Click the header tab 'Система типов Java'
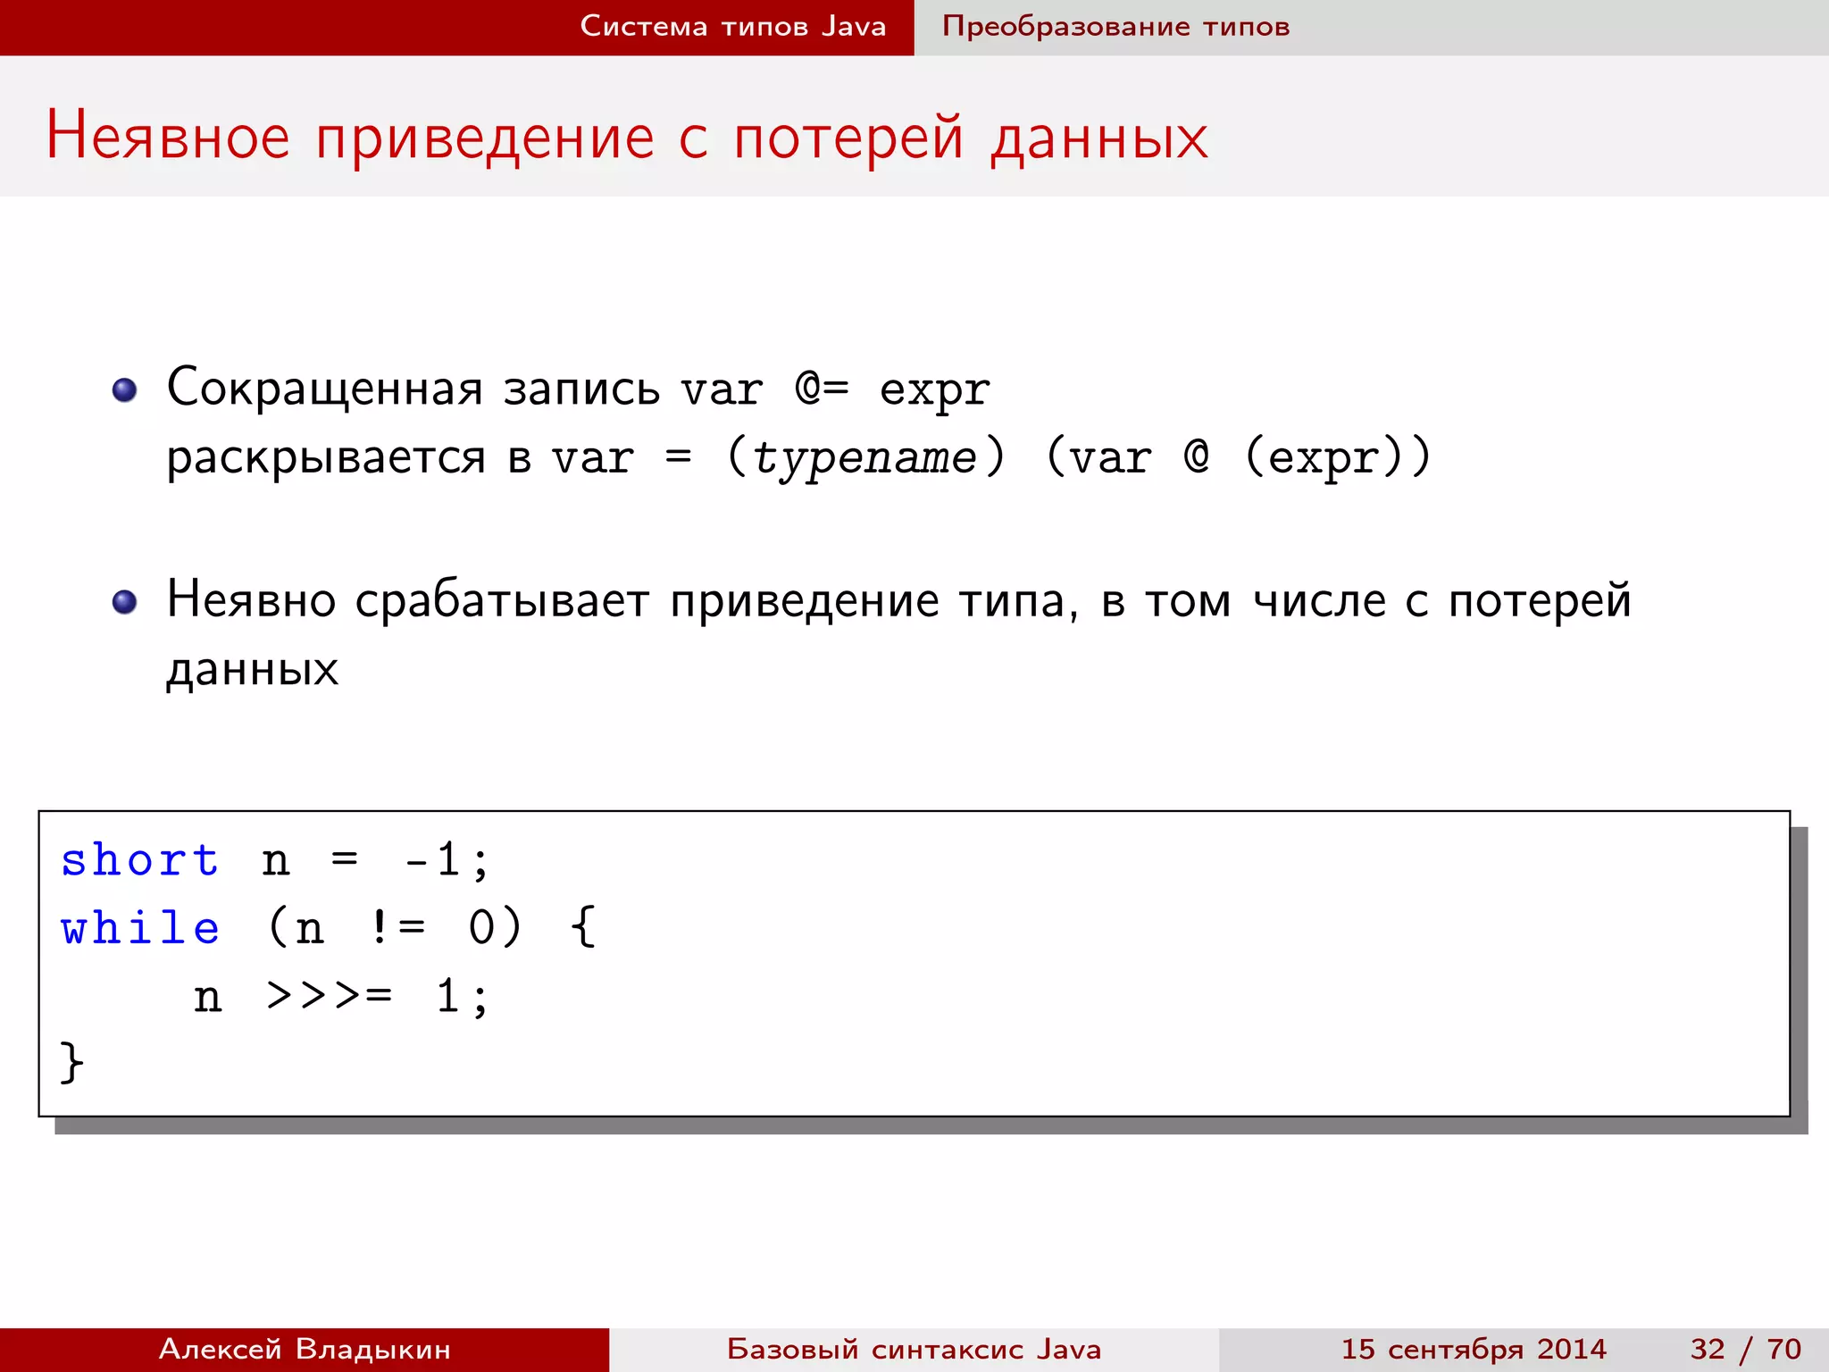(x=732, y=26)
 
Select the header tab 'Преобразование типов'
(x=1115, y=26)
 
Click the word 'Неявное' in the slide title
(x=168, y=137)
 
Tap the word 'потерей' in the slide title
(x=848, y=137)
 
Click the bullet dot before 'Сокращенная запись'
(x=125, y=390)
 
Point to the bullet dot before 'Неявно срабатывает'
(x=125, y=602)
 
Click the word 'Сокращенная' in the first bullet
(x=324, y=389)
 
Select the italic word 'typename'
(x=864, y=457)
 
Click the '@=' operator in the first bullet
(x=822, y=389)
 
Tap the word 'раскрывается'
(x=326, y=459)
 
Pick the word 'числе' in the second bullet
(x=1319, y=600)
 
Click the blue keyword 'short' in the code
(x=139, y=860)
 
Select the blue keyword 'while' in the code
(x=139, y=928)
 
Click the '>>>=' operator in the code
(x=329, y=995)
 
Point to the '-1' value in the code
(x=432, y=860)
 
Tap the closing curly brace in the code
(x=71, y=1062)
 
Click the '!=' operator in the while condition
(x=397, y=928)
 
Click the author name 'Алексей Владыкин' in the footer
(x=305, y=1349)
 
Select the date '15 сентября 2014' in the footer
(x=1474, y=1349)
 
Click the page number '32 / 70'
(x=1745, y=1349)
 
